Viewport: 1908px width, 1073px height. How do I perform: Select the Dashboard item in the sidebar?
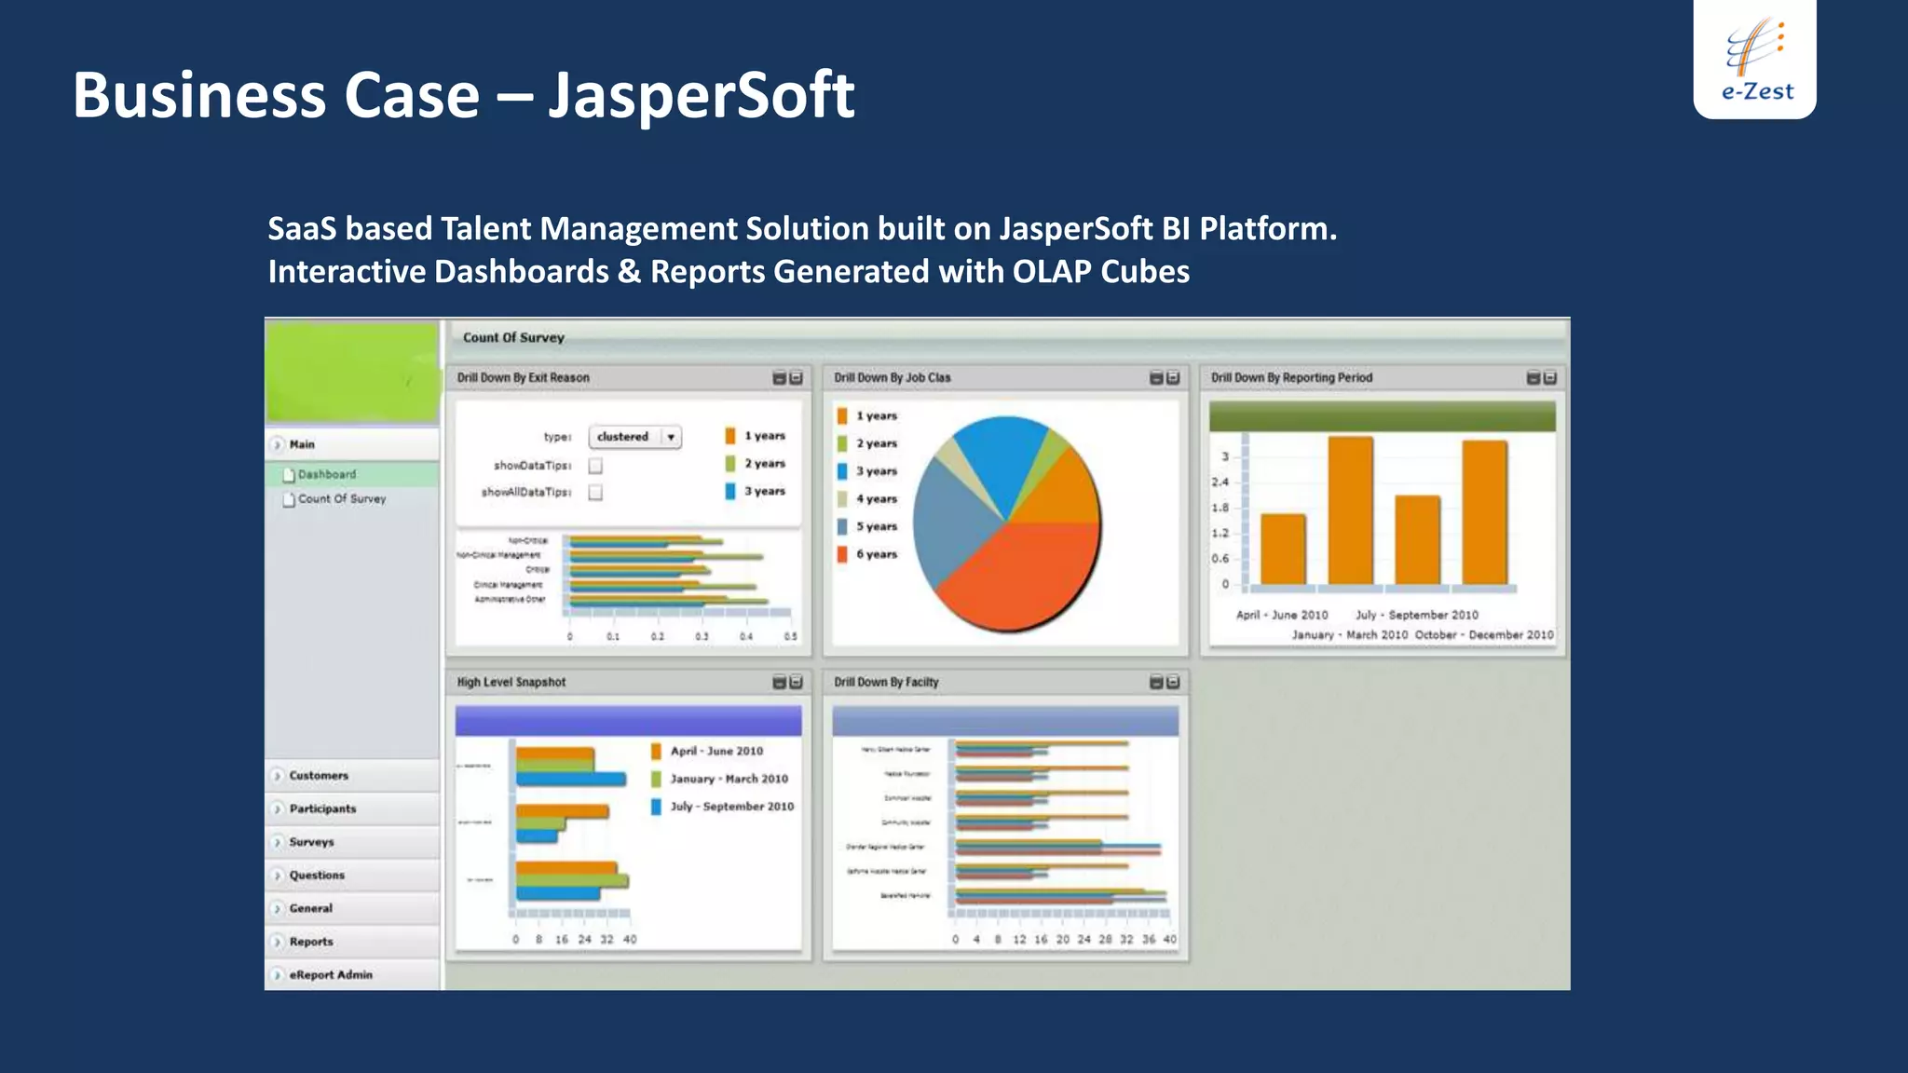(x=326, y=474)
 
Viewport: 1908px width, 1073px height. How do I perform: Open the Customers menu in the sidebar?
(x=318, y=775)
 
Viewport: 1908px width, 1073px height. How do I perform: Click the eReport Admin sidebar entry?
(x=330, y=974)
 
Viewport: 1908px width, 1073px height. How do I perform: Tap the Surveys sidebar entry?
(x=311, y=842)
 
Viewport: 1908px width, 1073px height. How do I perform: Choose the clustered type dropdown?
(x=634, y=437)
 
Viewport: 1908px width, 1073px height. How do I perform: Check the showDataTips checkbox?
(x=595, y=466)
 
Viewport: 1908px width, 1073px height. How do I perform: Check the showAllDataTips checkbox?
(x=595, y=493)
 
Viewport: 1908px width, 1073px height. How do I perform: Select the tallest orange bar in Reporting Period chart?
(x=1350, y=510)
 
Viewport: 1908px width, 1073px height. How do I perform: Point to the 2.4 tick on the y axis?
(x=1220, y=482)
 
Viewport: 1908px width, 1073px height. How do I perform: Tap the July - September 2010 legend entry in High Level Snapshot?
(x=731, y=807)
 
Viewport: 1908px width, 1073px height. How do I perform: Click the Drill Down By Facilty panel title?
(x=886, y=682)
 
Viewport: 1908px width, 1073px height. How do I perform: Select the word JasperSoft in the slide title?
(x=701, y=95)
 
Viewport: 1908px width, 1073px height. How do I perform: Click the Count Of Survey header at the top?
(x=513, y=338)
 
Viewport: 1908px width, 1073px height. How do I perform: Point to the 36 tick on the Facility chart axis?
(x=1148, y=940)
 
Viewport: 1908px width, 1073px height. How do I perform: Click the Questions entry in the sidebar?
(x=317, y=876)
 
